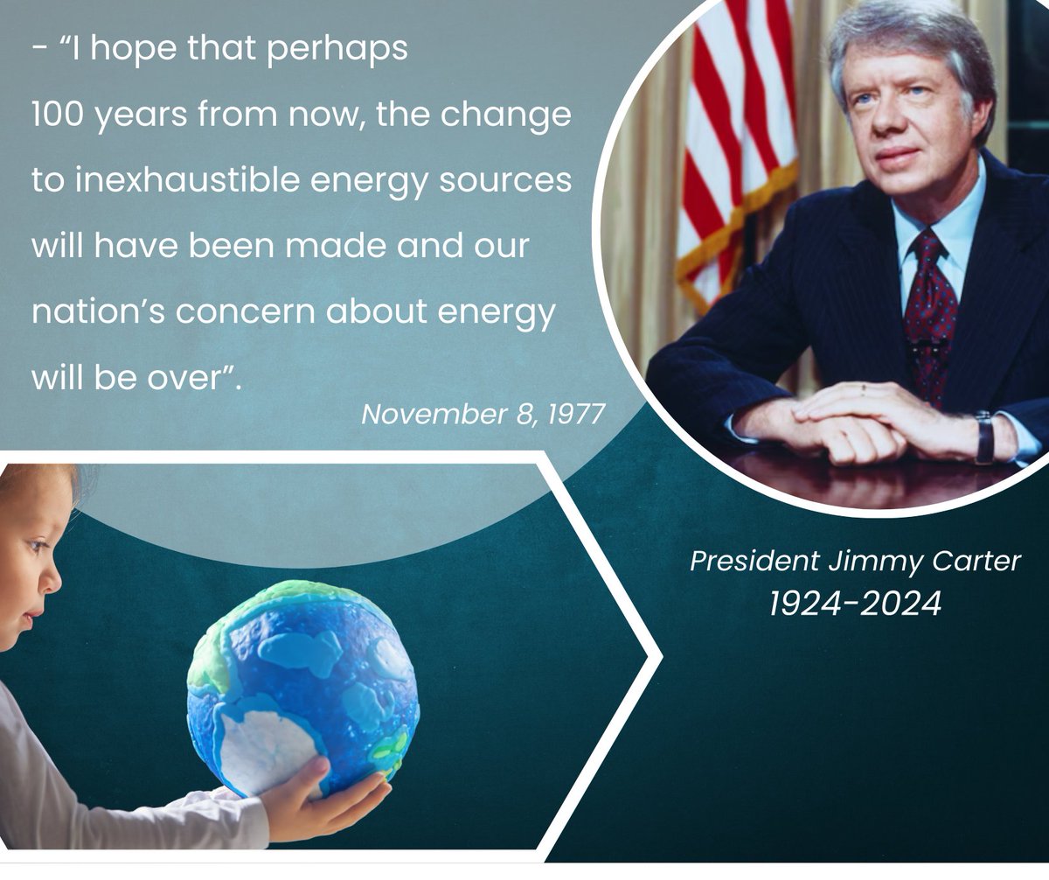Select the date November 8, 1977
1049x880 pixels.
click(483, 414)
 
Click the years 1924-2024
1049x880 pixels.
click(855, 604)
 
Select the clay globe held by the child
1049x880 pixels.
click(302, 688)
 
